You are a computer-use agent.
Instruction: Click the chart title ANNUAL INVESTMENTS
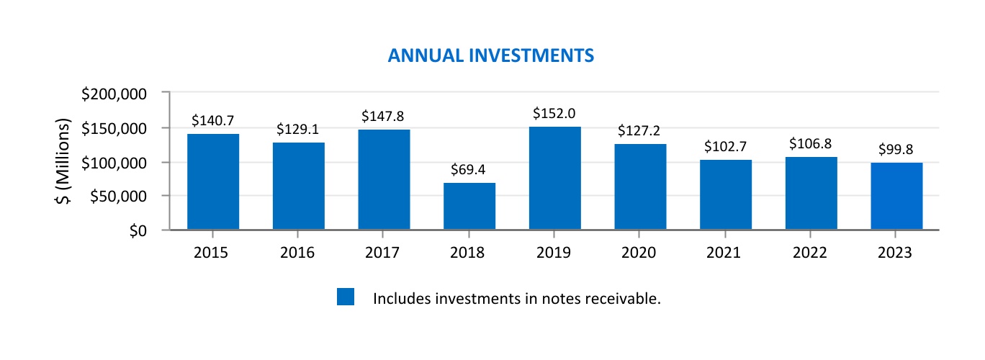click(490, 55)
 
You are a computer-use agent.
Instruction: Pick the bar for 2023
click(896, 196)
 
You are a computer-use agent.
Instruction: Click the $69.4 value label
click(469, 170)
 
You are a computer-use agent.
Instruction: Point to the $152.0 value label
click(554, 114)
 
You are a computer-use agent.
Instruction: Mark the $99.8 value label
click(896, 150)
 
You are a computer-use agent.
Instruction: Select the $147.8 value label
click(384, 117)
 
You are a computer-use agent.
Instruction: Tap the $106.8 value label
click(811, 144)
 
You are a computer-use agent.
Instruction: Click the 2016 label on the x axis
click(298, 253)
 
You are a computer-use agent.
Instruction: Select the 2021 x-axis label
click(725, 253)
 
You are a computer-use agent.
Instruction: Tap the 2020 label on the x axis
click(639, 253)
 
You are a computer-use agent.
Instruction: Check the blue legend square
click(346, 297)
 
